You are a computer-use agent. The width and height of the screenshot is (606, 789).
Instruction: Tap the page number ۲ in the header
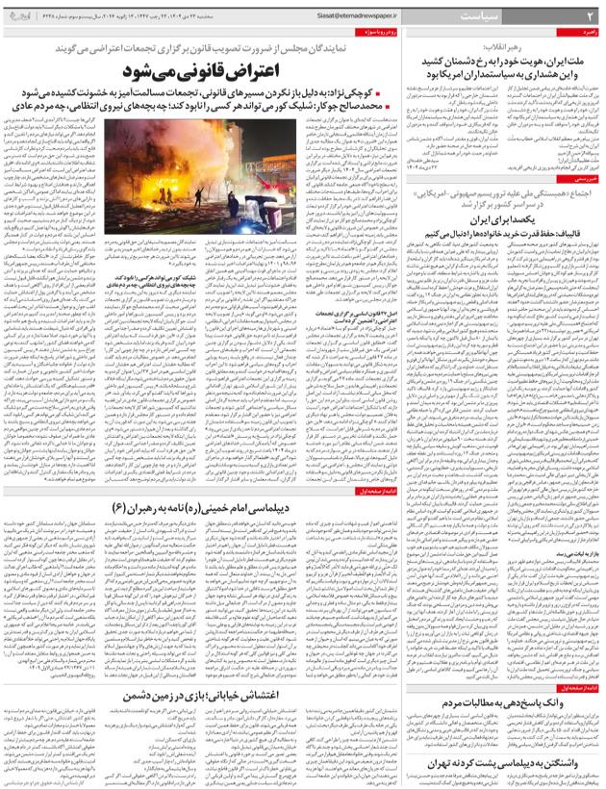pos(587,17)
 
